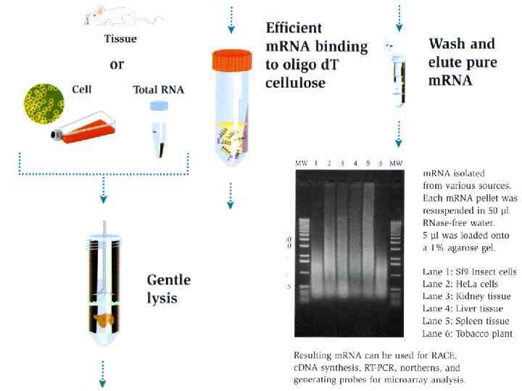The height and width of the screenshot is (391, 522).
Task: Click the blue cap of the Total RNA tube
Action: pyautogui.click(x=158, y=106)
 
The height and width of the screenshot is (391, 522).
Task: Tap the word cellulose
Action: pyautogui.click(x=297, y=83)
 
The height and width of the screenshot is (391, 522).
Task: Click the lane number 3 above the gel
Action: pyautogui.click(x=343, y=164)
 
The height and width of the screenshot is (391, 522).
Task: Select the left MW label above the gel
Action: pyautogui.click(x=301, y=164)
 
